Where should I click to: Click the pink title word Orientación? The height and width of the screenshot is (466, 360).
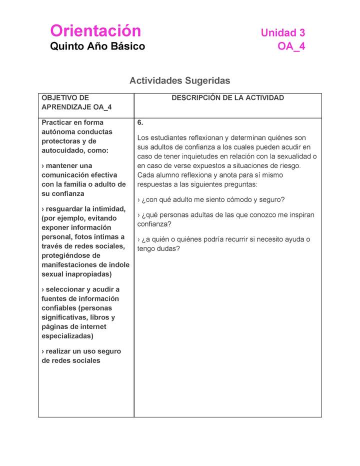(x=95, y=31)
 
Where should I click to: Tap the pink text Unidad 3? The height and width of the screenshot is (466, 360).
(x=282, y=33)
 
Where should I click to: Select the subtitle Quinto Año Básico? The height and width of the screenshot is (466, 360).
(x=97, y=46)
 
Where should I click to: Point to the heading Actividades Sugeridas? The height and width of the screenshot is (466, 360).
(x=179, y=80)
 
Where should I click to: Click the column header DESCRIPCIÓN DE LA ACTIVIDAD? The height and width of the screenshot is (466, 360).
(x=227, y=98)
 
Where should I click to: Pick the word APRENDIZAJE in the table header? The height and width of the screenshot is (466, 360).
(x=64, y=107)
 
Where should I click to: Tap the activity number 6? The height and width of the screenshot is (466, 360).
(x=140, y=122)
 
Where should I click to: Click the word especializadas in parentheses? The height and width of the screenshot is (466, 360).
(x=67, y=336)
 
